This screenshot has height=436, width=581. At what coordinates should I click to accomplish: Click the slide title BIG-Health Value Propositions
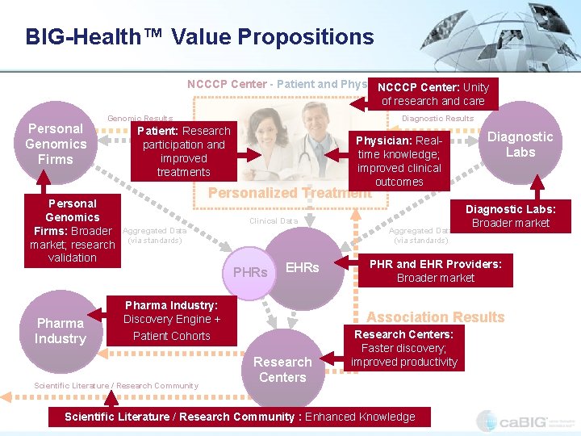(x=199, y=37)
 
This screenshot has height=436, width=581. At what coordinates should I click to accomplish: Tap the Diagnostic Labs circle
(x=520, y=145)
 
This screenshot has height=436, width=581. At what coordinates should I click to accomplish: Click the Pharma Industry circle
(x=60, y=331)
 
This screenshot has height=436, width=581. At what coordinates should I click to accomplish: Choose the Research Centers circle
(x=282, y=369)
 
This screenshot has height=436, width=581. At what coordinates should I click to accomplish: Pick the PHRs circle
(x=250, y=273)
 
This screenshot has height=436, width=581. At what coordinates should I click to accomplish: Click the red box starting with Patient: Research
(x=183, y=151)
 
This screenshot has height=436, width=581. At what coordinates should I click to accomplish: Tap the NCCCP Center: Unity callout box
(x=433, y=94)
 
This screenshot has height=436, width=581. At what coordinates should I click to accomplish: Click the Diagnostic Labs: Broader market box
(x=510, y=216)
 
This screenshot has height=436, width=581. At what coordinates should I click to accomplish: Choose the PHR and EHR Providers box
(x=435, y=270)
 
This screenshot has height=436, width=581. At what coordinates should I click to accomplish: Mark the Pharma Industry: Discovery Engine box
(x=171, y=320)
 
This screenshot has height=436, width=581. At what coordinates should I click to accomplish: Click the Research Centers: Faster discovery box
(x=403, y=348)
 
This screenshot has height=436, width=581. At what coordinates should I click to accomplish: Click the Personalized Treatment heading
(x=289, y=193)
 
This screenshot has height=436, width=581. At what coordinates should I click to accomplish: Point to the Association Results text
(x=436, y=317)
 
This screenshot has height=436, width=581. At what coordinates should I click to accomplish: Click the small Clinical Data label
(x=274, y=220)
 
